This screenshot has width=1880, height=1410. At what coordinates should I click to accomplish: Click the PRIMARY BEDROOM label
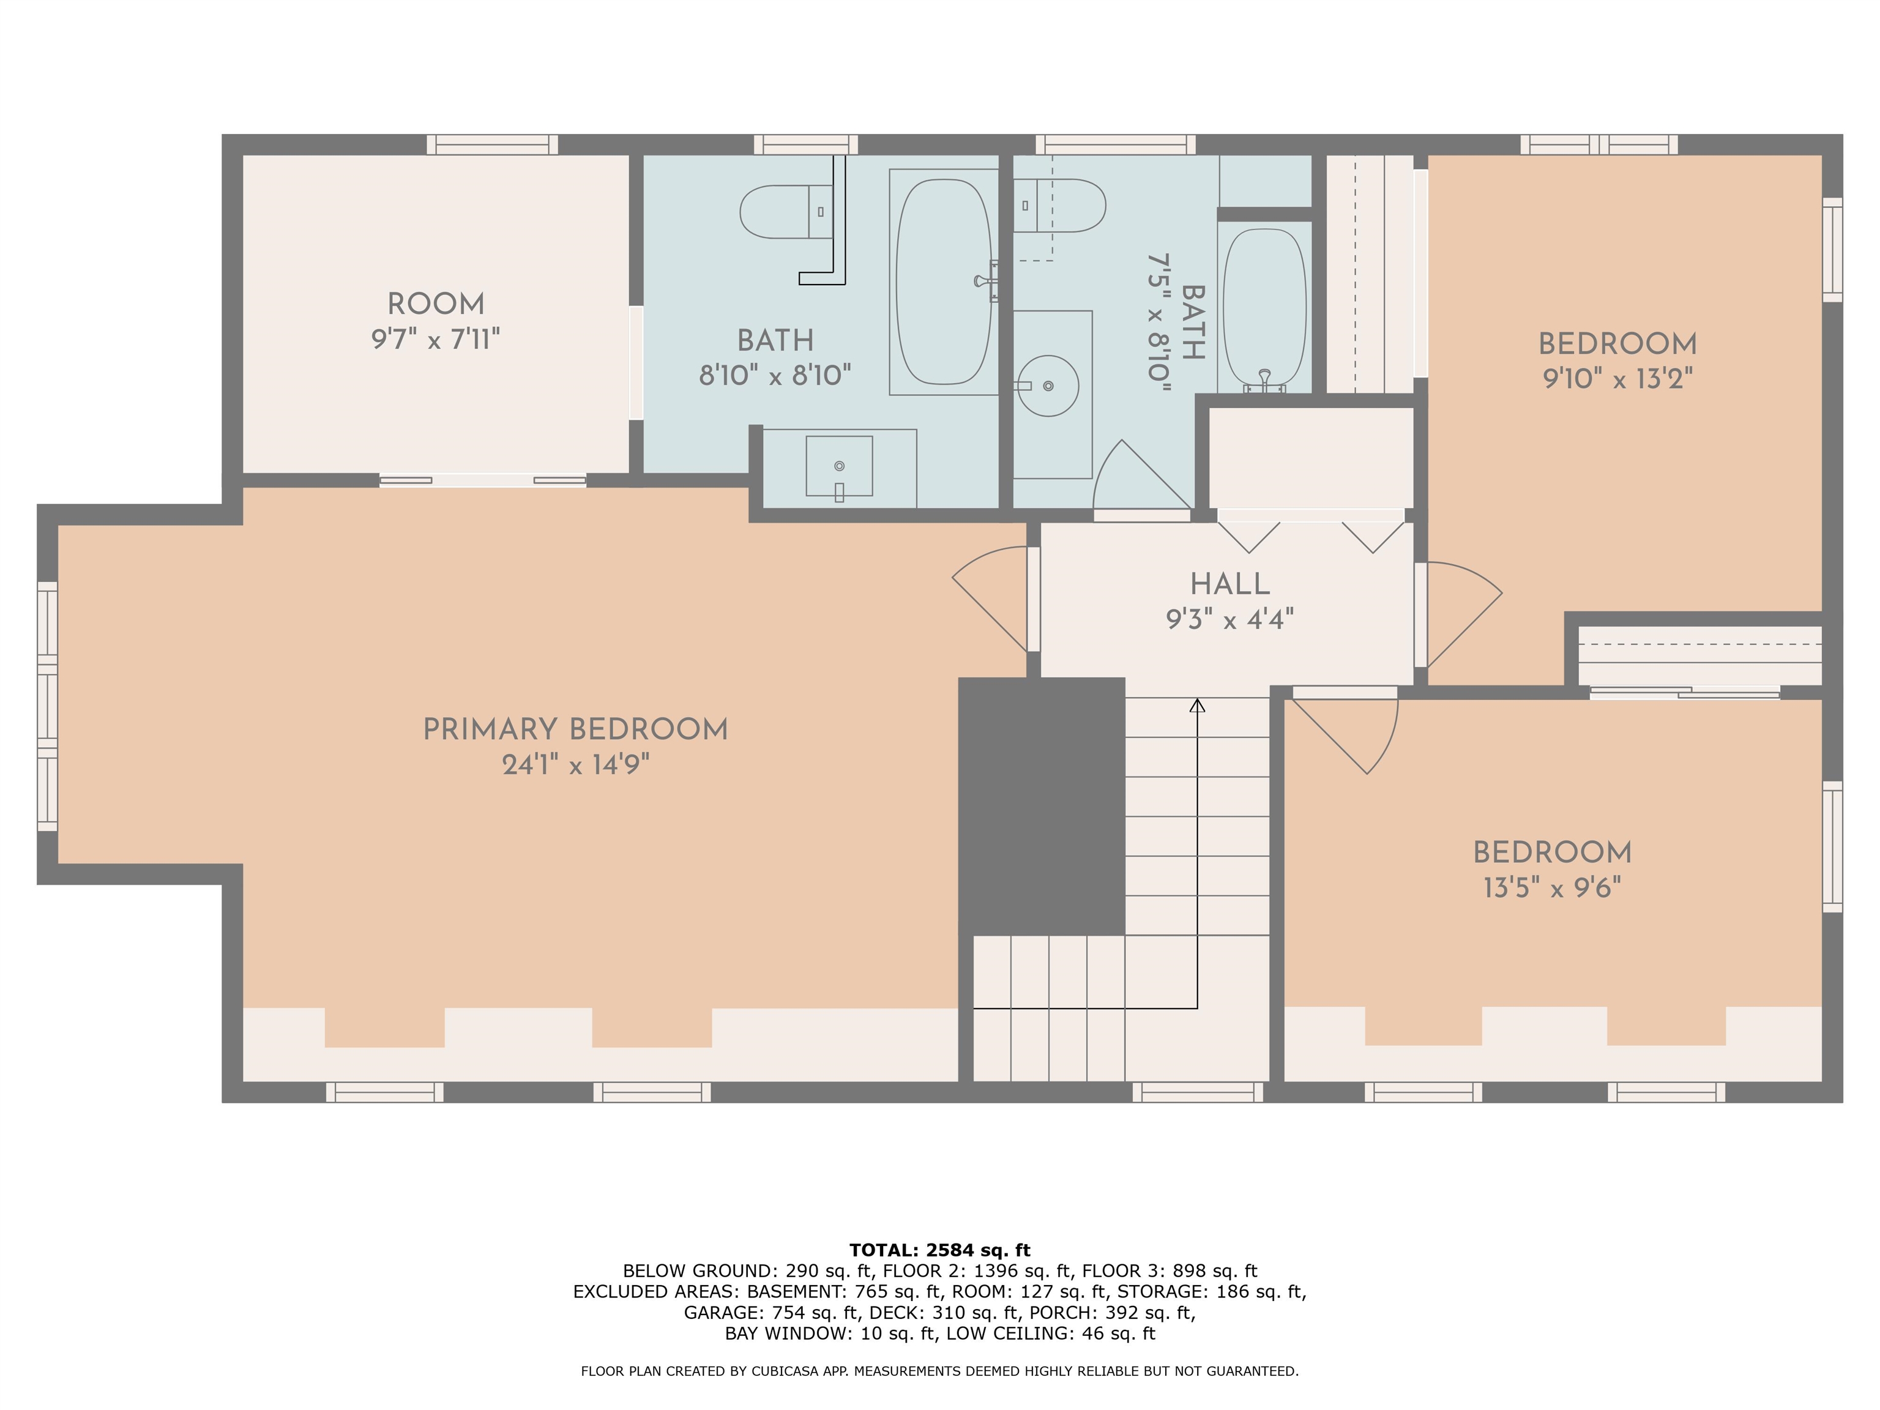pyautogui.click(x=575, y=729)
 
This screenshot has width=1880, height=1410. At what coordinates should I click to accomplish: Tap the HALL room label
pyautogui.click(x=1230, y=584)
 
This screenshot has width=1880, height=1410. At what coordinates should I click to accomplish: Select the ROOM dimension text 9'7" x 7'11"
pyautogui.click(x=435, y=339)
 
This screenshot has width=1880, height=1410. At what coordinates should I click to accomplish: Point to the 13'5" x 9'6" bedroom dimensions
pyautogui.click(x=1552, y=887)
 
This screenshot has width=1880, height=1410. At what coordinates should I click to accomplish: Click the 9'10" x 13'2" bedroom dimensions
pyautogui.click(x=1617, y=378)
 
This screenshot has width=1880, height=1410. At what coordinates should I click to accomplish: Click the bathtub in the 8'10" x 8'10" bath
pyautogui.click(x=944, y=282)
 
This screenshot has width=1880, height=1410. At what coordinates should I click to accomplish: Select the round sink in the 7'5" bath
pyautogui.click(x=1048, y=386)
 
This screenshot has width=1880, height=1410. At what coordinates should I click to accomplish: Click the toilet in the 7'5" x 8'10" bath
pyautogui.click(x=1059, y=206)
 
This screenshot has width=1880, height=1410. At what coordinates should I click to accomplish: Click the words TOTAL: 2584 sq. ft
pyautogui.click(x=940, y=1250)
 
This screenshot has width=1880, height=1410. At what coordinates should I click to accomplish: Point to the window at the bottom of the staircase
pyautogui.click(x=1198, y=1092)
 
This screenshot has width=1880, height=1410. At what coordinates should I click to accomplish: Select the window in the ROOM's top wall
pyautogui.click(x=492, y=144)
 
